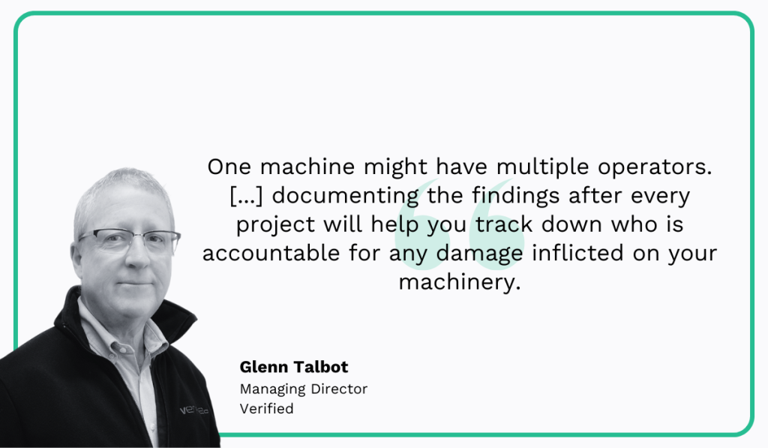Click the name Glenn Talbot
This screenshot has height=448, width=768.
(x=294, y=368)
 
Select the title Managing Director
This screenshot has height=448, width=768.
(x=304, y=389)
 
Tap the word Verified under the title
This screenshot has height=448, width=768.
(x=266, y=409)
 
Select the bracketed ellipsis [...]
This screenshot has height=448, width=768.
(x=247, y=196)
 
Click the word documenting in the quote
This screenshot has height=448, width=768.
(x=347, y=196)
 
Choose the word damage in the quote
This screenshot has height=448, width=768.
(x=484, y=254)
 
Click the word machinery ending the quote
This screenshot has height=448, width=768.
(x=459, y=283)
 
